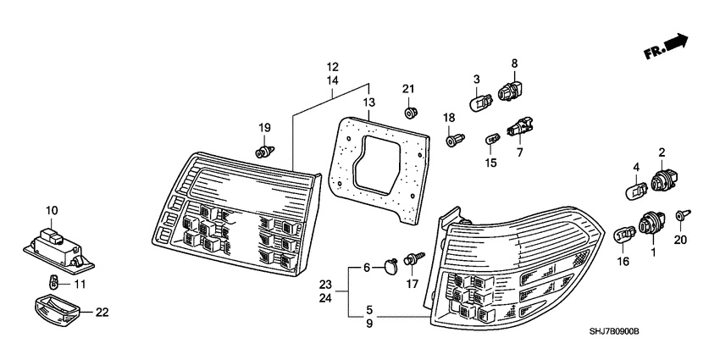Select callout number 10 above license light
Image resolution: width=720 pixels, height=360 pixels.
pyautogui.click(x=52, y=209)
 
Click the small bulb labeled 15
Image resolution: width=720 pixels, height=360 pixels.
pyautogui.click(x=491, y=137)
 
